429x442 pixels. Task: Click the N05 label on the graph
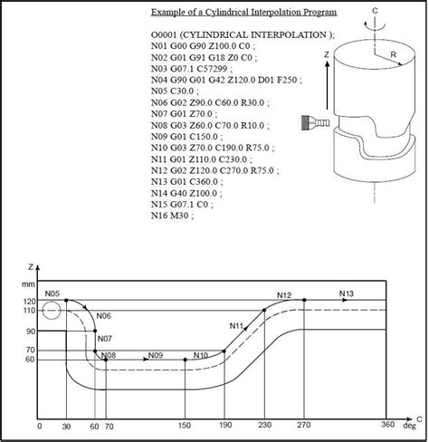[52, 295]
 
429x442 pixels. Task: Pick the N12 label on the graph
[284, 295]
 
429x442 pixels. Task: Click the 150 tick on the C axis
[186, 426]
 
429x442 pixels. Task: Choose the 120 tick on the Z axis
[29, 301]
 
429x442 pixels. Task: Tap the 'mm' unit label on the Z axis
[29, 285]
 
